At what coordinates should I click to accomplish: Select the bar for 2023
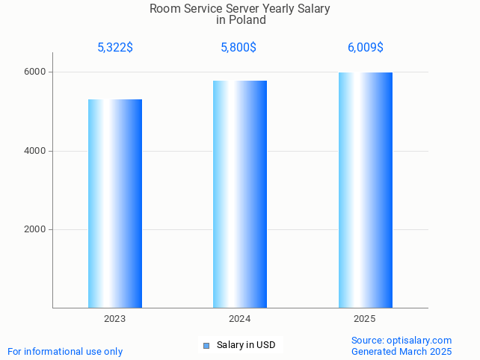tap(115, 203)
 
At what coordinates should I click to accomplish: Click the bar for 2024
tap(240, 194)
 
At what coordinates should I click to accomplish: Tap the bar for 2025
tap(365, 190)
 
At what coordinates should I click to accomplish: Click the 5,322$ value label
tap(115, 48)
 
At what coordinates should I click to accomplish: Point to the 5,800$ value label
tap(239, 48)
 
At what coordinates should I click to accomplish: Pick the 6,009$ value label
tap(365, 48)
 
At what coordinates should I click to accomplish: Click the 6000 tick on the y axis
tap(34, 72)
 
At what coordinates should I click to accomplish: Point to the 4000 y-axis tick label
tap(34, 151)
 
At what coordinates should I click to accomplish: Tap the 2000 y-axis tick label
tap(34, 230)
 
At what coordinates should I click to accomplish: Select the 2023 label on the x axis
tap(115, 319)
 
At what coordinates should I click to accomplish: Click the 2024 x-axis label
tap(240, 319)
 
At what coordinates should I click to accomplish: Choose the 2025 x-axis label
tap(365, 319)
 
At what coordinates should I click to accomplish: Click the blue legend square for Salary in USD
tap(206, 345)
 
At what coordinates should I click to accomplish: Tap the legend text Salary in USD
tap(246, 345)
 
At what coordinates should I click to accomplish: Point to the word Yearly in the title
tap(274, 9)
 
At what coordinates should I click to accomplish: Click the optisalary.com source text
tap(401, 341)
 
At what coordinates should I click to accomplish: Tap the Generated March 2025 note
tap(401, 351)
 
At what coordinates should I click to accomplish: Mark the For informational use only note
tap(65, 351)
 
